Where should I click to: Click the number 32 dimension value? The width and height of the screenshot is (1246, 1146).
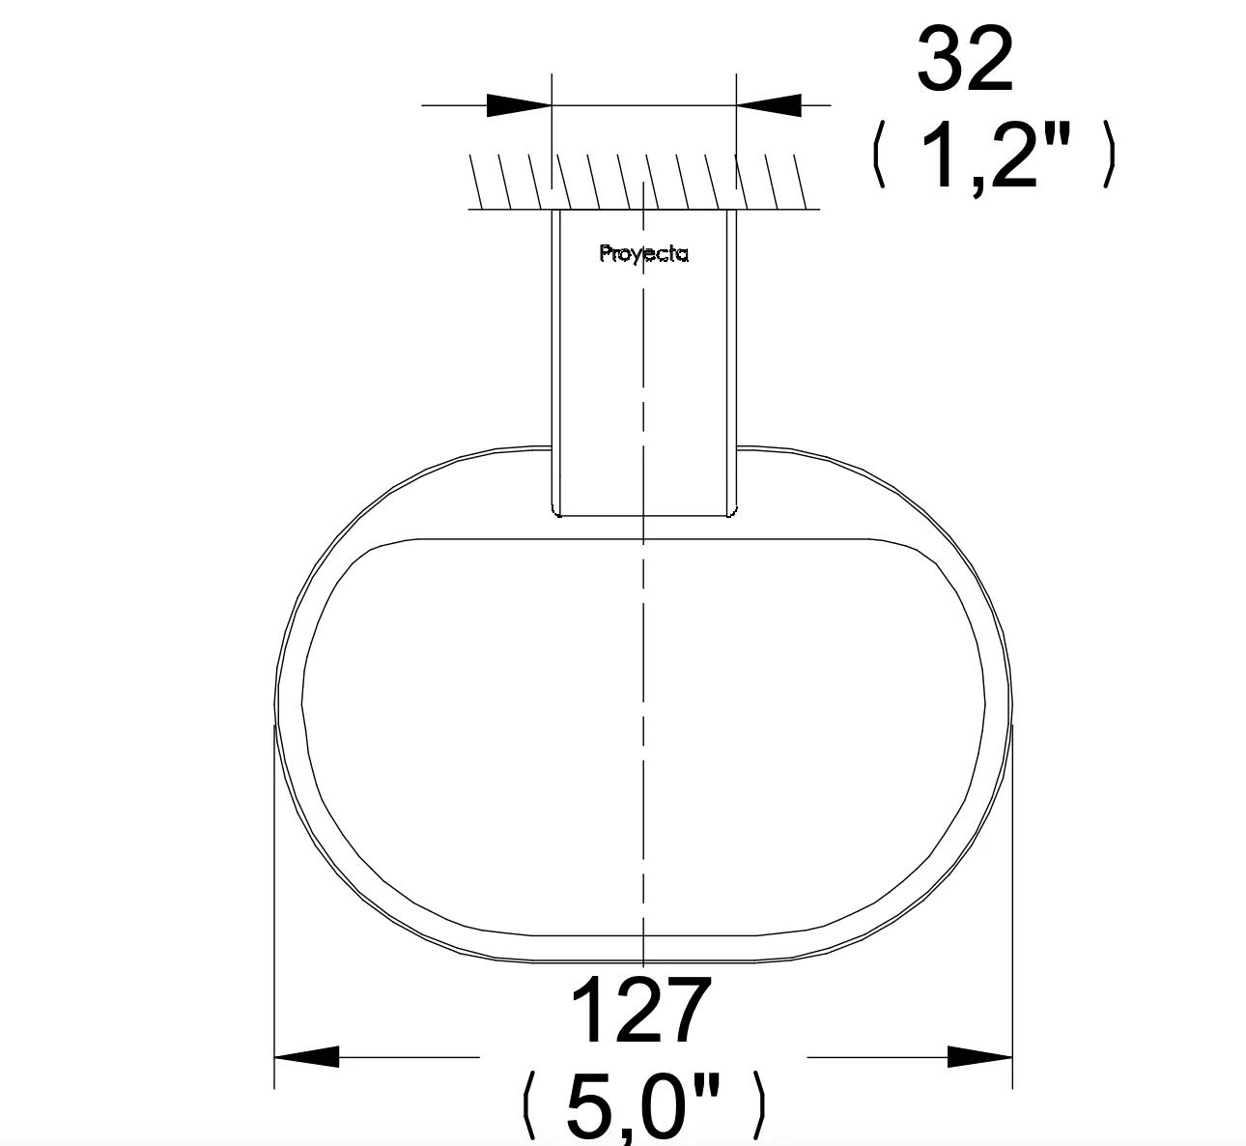(965, 60)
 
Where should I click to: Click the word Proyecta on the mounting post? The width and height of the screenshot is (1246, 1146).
(643, 253)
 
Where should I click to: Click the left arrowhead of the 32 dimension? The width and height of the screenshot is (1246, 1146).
(520, 105)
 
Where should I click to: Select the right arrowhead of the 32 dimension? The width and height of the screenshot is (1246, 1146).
(769, 105)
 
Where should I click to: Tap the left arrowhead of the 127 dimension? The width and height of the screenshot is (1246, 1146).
(306, 1056)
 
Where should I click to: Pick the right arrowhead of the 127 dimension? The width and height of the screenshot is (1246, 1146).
(979, 1056)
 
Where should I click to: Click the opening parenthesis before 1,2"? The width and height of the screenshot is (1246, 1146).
(879, 156)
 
